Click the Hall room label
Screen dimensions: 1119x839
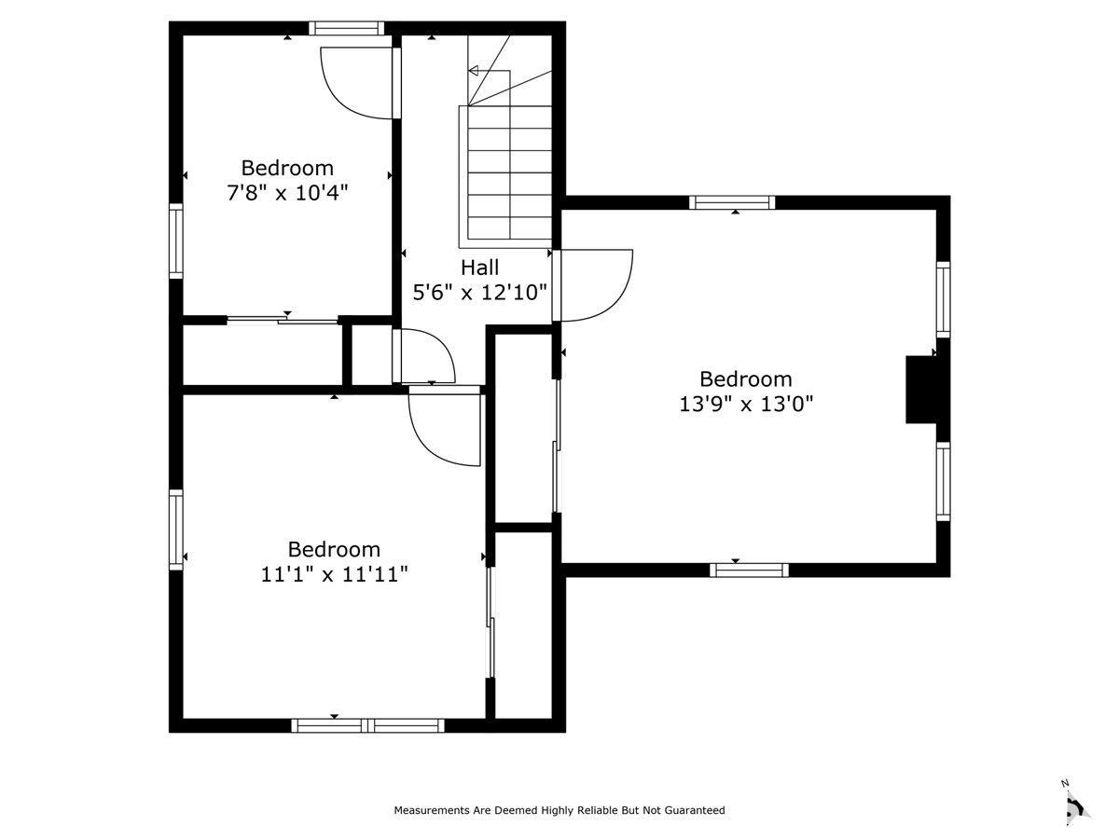pos(479,268)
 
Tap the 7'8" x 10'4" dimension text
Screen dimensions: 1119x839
pos(287,193)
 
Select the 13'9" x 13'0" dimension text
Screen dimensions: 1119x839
pos(745,405)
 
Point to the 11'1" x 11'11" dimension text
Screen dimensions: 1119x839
pos(334,574)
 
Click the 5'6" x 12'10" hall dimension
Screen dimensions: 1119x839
pos(479,293)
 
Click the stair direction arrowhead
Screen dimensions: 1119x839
pos(473,71)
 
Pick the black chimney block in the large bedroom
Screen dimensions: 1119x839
pos(921,390)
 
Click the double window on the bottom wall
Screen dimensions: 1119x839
pos(367,725)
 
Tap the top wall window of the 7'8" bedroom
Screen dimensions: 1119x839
pos(346,28)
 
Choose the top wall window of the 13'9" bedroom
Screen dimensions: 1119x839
pos(732,202)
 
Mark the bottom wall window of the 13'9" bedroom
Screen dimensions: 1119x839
pos(749,570)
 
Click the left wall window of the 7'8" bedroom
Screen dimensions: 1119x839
pos(176,241)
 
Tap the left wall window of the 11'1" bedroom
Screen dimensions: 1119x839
pos(176,530)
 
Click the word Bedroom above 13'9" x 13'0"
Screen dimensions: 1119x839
pos(745,379)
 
